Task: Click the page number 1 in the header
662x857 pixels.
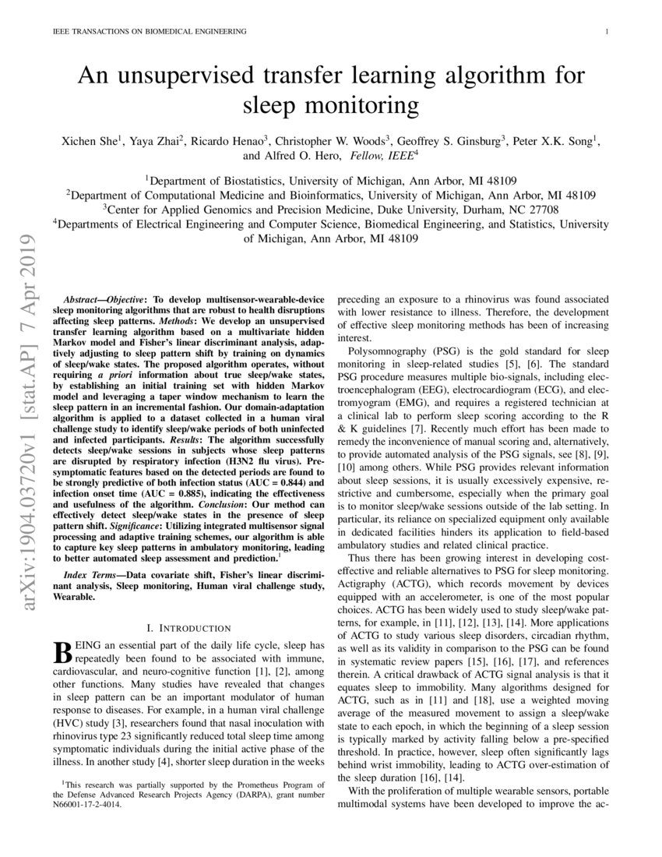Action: pos(606,31)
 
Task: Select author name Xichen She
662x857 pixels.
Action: pos(88,141)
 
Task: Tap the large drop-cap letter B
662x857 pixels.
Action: pos(62,652)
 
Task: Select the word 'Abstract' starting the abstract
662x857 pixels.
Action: pos(81,299)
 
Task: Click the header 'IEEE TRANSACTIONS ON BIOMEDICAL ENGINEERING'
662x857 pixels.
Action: pos(149,31)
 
